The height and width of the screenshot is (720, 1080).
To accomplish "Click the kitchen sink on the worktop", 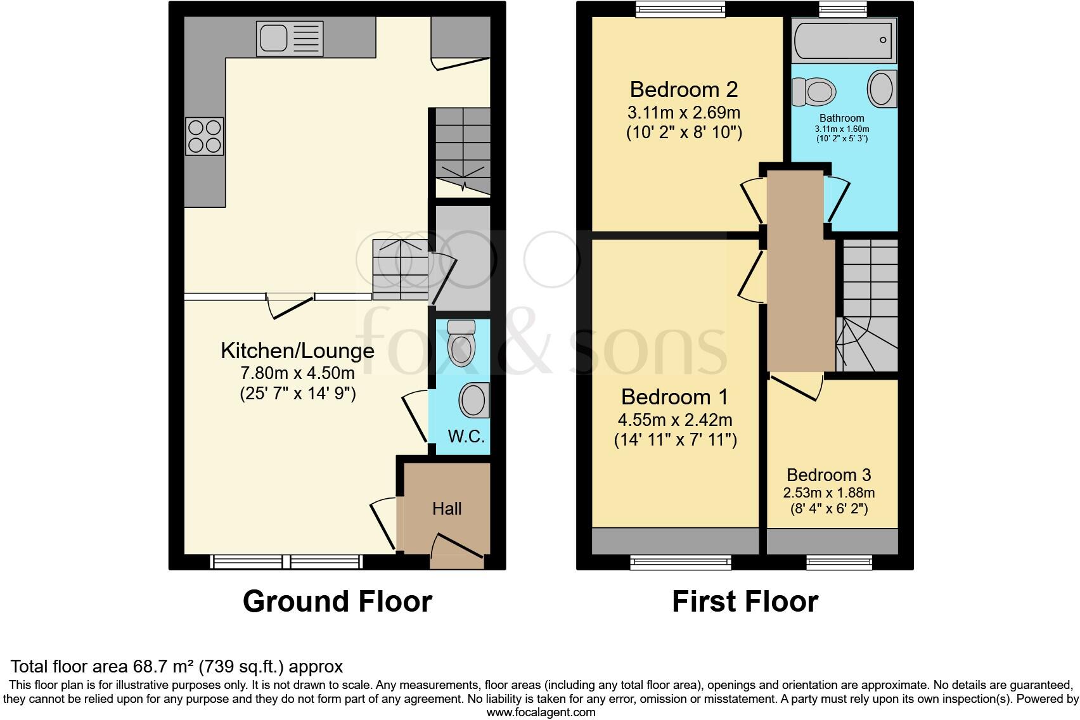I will [290, 37].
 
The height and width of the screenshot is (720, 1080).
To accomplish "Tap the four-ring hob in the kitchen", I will [204, 136].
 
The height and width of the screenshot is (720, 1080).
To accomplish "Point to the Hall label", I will [447, 508].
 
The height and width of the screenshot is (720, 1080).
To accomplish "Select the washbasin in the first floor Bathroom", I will [881, 89].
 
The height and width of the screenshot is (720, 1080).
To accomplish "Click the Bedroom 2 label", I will [683, 89].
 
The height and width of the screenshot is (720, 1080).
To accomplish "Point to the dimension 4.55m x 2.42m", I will [675, 420].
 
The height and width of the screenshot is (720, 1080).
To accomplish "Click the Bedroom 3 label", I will [828, 475].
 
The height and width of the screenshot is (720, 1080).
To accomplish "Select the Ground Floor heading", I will [337, 601].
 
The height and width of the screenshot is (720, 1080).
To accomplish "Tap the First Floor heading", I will [745, 601].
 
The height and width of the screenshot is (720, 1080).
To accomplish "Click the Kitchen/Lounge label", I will [297, 350].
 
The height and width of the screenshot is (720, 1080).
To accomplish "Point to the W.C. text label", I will [466, 436].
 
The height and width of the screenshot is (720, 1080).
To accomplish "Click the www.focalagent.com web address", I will [541, 712].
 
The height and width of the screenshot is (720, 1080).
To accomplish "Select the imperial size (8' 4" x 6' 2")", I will [829, 508].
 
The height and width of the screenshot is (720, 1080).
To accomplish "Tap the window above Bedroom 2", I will [681, 8].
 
